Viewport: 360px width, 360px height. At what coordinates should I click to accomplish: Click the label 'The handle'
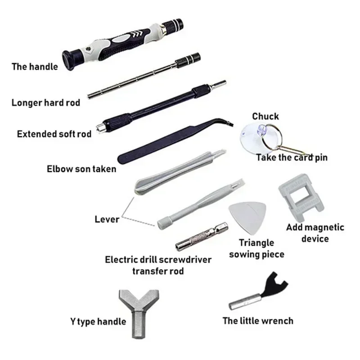pyautogui.click(x=35, y=67)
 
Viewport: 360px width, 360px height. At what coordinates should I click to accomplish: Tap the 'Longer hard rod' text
pyautogui.click(x=46, y=103)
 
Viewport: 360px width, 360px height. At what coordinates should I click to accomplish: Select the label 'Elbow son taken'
pyautogui.click(x=81, y=169)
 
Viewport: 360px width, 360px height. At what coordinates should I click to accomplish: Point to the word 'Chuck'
pyautogui.click(x=265, y=116)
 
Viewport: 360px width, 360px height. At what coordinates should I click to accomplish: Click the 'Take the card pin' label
pyautogui.click(x=292, y=157)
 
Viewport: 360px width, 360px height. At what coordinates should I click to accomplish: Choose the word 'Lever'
pyautogui.click(x=107, y=219)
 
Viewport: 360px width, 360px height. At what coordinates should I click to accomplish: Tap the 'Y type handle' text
pyautogui.click(x=98, y=321)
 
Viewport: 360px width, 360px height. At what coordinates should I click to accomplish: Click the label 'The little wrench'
pyautogui.click(x=258, y=321)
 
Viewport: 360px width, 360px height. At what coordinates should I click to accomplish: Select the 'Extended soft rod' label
pyautogui.click(x=54, y=134)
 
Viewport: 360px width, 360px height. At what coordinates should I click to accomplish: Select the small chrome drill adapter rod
pyautogui.click(x=202, y=237)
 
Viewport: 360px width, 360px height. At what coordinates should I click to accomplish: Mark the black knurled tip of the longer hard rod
pyautogui.click(x=188, y=59)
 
